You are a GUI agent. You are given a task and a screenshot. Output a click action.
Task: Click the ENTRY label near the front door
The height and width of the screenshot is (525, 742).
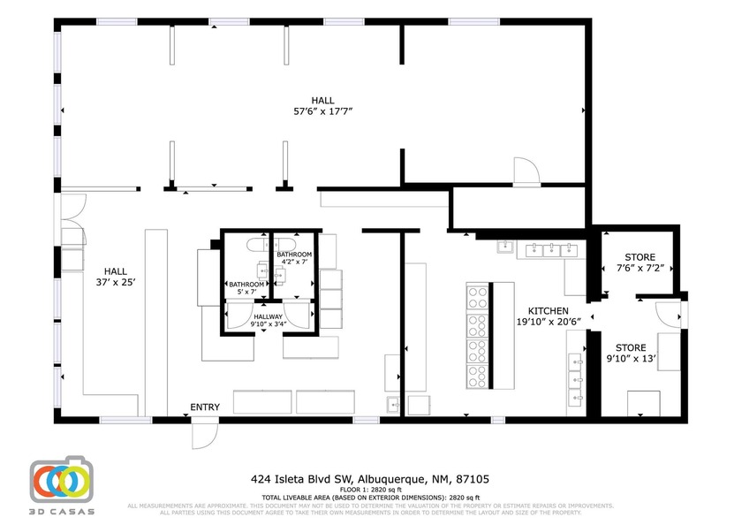[x=205, y=407]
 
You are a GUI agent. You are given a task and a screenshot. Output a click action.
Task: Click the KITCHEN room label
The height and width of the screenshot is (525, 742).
[x=548, y=311]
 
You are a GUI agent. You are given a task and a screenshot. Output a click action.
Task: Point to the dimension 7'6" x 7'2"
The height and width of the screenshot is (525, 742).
[x=640, y=268]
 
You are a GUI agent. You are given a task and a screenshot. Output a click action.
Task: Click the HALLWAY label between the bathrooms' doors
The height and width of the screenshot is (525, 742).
[x=268, y=316]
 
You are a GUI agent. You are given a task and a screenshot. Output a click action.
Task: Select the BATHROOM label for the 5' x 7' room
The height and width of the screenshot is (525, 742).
[x=246, y=285]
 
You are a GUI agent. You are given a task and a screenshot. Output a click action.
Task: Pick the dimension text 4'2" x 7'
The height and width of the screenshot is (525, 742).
[x=294, y=262]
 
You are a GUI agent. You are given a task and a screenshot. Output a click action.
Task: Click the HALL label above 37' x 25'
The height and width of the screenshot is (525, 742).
[x=116, y=271]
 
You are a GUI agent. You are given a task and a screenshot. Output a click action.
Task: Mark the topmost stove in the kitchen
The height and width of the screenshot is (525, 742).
[x=476, y=293]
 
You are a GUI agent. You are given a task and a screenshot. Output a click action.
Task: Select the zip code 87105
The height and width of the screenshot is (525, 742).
[x=473, y=479]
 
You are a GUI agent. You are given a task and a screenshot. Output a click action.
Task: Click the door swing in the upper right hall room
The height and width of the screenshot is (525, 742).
[x=526, y=171]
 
